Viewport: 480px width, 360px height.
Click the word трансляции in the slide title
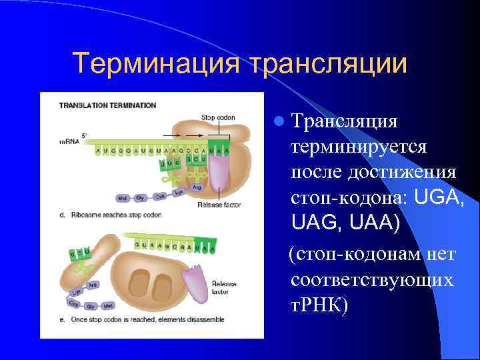click(327, 63)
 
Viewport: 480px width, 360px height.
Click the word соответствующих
click(372, 279)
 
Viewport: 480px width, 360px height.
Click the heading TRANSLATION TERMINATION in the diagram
click(107, 105)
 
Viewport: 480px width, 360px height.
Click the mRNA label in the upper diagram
click(68, 141)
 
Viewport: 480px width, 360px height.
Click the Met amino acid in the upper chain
click(123, 198)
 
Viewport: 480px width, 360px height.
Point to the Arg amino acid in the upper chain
click(196, 187)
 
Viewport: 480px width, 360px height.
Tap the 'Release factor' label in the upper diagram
click(219, 205)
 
